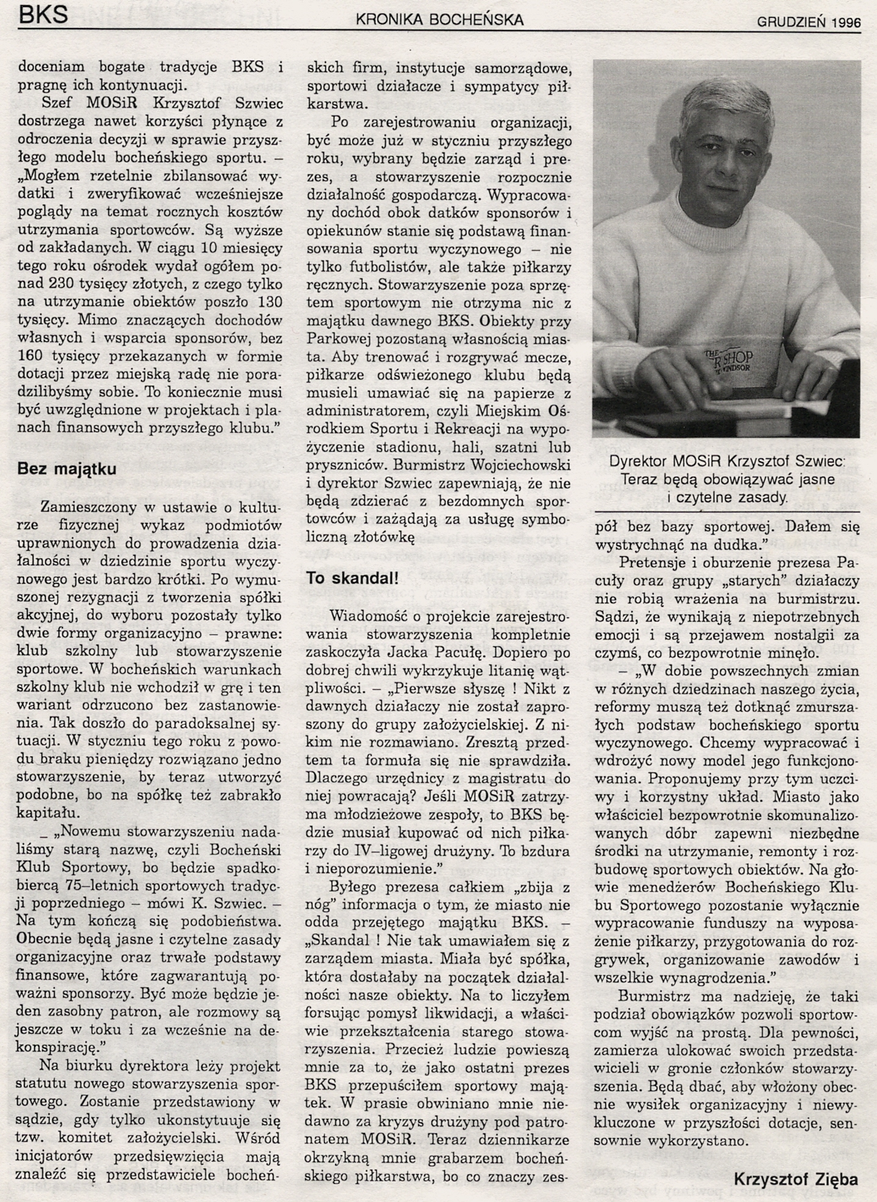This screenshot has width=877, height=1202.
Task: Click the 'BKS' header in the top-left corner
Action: pos(43,14)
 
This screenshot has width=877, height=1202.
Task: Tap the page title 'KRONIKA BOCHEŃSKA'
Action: pos(439,20)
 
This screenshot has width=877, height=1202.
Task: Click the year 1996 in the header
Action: pos(845,23)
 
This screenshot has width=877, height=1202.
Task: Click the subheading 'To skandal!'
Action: pos(353,578)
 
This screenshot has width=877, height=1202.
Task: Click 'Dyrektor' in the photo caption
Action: pos(637,462)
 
